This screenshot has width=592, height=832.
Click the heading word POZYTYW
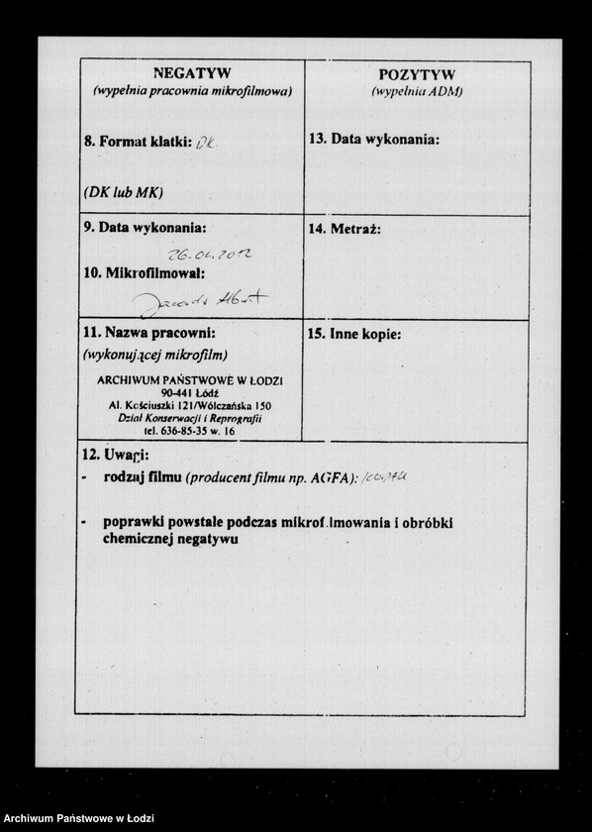(x=417, y=75)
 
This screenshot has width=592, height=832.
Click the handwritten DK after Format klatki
(x=205, y=142)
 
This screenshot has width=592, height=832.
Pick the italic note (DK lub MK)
(x=123, y=191)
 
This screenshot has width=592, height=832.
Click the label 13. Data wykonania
(x=374, y=140)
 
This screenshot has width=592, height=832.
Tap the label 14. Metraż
(x=345, y=229)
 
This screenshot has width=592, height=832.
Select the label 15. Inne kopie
(x=354, y=335)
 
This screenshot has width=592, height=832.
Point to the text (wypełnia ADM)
(x=417, y=91)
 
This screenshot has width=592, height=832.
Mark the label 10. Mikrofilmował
(x=145, y=272)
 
